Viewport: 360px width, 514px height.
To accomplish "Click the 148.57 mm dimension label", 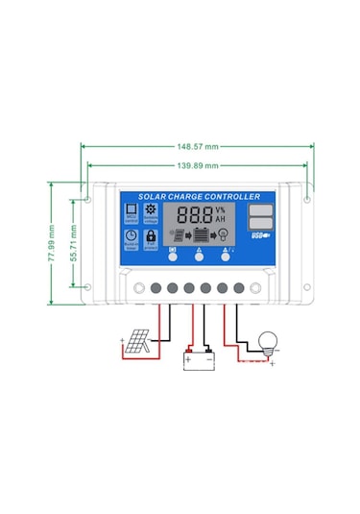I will tap(198, 147).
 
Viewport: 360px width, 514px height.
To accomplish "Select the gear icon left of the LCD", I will tap(150, 209).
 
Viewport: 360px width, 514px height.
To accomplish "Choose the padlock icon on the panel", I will tap(151, 234).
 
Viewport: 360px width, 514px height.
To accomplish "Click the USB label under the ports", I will tap(259, 235).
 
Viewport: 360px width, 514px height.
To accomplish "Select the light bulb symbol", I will tap(267, 341).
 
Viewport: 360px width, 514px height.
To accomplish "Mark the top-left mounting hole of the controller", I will tap(88, 201).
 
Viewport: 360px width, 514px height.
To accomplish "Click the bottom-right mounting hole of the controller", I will tap(307, 287).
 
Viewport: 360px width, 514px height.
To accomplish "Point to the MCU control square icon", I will tap(131, 209).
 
